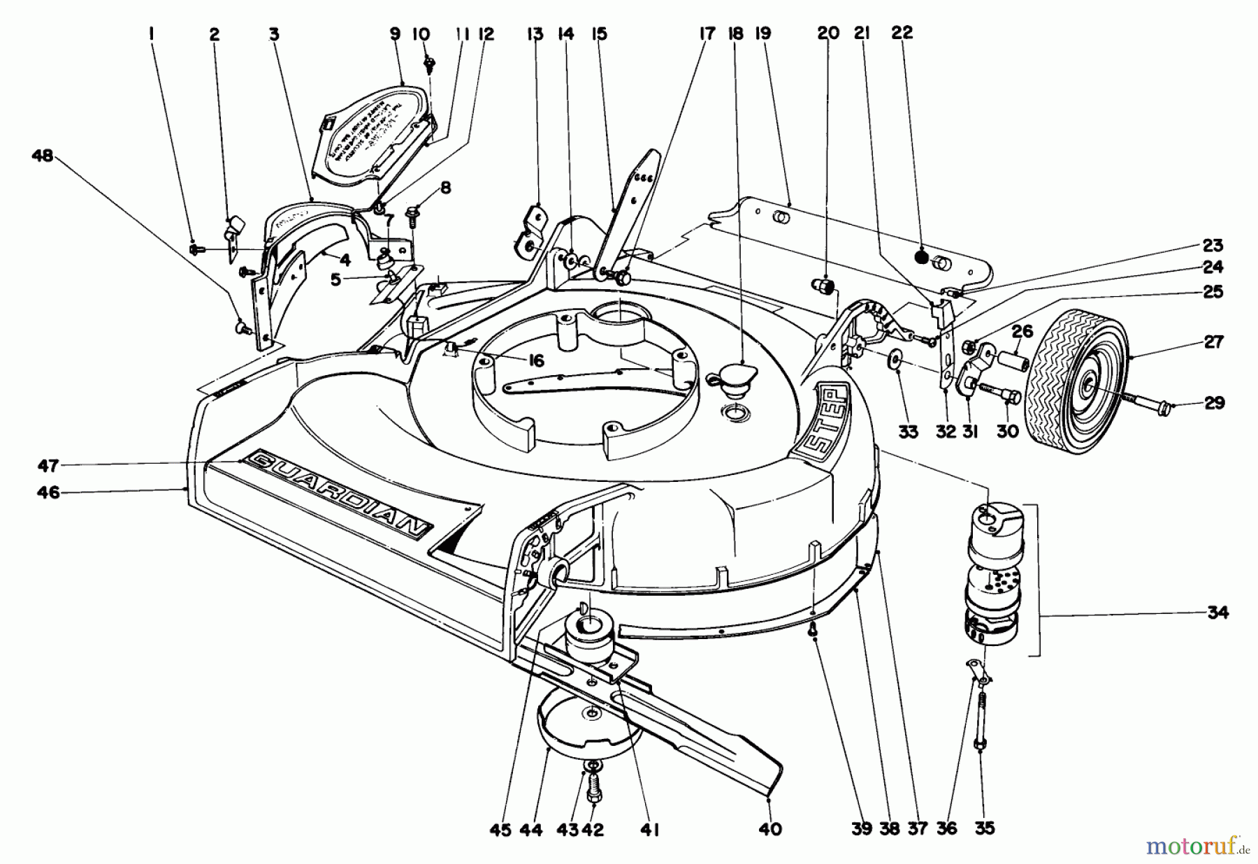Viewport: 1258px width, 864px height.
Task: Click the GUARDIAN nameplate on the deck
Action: click(340, 492)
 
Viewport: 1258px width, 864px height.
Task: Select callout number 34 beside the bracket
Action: click(1217, 613)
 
